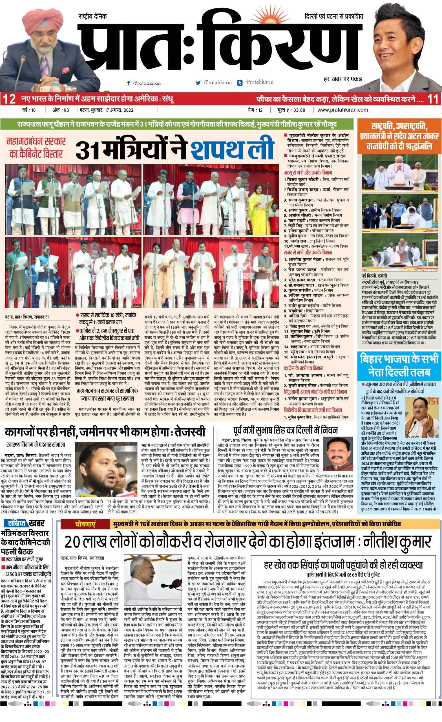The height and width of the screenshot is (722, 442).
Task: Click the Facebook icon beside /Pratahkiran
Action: tap(128, 83)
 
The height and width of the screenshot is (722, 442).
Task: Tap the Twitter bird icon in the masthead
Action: tap(198, 83)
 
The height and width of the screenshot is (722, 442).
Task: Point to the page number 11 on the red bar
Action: tap(433, 99)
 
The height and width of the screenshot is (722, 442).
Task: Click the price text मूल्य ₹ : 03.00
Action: tap(288, 110)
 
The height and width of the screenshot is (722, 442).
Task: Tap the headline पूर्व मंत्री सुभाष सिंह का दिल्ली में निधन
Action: tap(286, 430)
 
